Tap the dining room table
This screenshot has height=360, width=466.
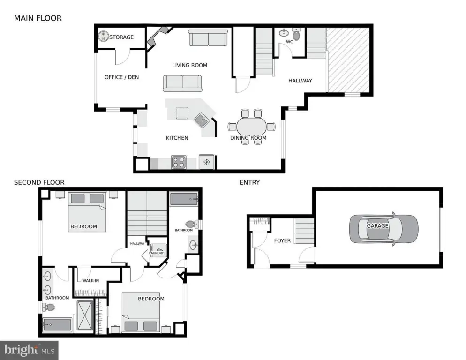point(252,127)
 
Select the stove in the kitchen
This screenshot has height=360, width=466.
point(179,162)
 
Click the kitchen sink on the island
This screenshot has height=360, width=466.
point(202,120)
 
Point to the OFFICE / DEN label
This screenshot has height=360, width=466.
point(121,77)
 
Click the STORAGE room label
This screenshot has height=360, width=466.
point(121,37)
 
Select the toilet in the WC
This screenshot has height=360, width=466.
point(296,34)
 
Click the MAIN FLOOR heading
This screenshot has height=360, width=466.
point(38,18)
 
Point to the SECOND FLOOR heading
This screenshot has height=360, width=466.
point(39,182)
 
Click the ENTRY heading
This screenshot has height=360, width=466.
point(249,182)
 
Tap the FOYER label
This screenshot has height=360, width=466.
point(282,240)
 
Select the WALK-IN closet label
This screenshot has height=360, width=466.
point(90,281)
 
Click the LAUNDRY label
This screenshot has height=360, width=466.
point(156,253)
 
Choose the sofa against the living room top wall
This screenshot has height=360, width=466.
point(208,38)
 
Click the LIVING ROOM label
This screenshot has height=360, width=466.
point(189,65)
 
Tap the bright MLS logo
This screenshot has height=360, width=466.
point(29,350)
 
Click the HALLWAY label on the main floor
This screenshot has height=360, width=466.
point(300,81)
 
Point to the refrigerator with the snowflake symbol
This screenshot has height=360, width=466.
point(207,162)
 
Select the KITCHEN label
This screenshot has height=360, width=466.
point(177,138)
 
